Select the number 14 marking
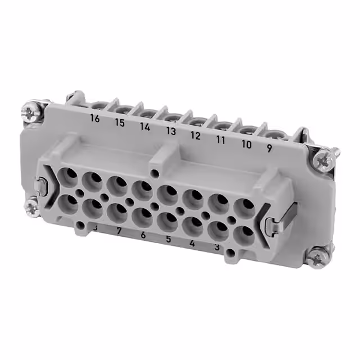click(x=145, y=127)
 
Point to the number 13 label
click(x=170, y=132)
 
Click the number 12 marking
click(x=195, y=136)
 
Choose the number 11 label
click(x=220, y=139)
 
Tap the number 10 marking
click(x=246, y=144)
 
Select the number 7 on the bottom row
click(x=119, y=231)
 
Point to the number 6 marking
click(x=143, y=235)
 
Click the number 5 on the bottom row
click(x=168, y=239)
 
